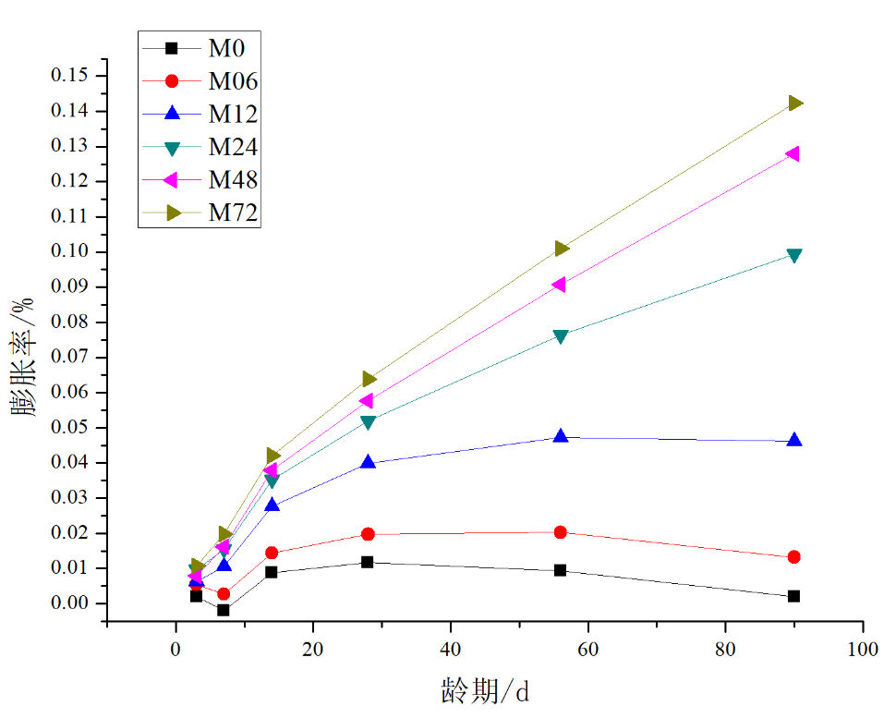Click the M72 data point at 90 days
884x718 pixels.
click(x=794, y=103)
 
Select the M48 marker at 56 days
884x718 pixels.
click(x=560, y=285)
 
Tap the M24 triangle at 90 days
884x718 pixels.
click(x=794, y=255)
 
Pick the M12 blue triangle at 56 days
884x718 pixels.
click(x=560, y=436)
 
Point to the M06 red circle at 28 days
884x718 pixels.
click(x=368, y=534)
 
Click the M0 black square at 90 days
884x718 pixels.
click(x=794, y=596)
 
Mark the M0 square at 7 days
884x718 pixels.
click(x=224, y=610)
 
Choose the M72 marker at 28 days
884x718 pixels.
click(x=369, y=379)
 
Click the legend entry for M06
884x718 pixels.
click(x=232, y=81)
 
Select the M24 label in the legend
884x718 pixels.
click(x=232, y=147)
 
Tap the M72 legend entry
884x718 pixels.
click(x=232, y=213)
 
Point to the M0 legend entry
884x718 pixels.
click(x=225, y=48)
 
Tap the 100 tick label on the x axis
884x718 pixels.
click(x=862, y=650)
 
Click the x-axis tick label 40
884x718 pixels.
click(x=451, y=650)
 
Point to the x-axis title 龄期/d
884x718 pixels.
click(x=484, y=689)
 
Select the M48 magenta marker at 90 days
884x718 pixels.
click(x=793, y=154)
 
